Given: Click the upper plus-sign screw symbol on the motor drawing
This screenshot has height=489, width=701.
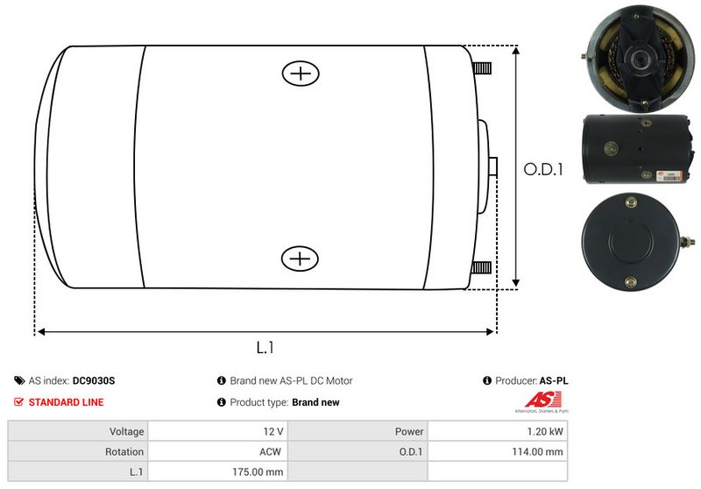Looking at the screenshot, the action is (x=301, y=74).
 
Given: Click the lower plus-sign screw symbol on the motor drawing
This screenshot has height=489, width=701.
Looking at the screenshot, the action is (x=300, y=259).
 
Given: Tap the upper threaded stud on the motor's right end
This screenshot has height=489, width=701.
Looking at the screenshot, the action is (x=482, y=68).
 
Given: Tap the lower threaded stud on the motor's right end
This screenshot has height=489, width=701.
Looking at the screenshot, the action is (x=481, y=268).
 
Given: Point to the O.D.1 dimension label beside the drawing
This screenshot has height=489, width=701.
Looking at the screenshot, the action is (x=543, y=169).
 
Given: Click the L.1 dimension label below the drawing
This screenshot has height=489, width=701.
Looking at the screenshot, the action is (x=266, y=347).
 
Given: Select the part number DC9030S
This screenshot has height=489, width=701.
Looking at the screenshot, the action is (x=94, y=381).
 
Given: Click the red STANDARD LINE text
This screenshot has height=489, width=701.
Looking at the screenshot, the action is (x=67, y=402).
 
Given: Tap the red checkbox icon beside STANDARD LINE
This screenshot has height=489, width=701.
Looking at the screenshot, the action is (x=18, y=402).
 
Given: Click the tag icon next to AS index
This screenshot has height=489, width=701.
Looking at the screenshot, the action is (x=19, y=380).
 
